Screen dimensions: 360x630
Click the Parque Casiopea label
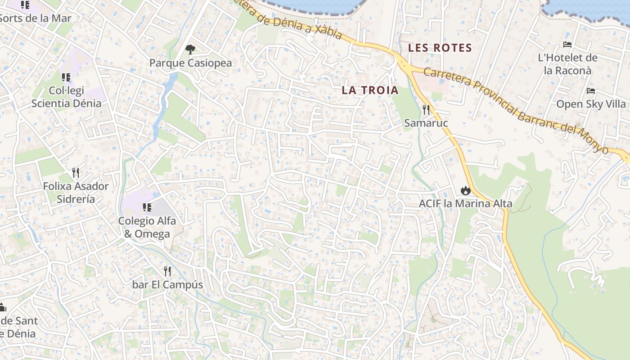pyautogui.click(x=190, y=63)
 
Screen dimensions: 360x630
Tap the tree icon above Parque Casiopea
pyautogui.click(x=190, y=49)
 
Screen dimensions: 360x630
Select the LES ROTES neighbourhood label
pyautogui.click(x=440, y=48)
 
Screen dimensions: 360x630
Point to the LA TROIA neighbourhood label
pyautogui.click(x=370, y=90)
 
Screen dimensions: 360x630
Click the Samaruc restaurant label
pyautogui.click(x=426, y=123)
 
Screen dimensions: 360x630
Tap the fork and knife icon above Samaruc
pyautogui.click(x=426, y=109)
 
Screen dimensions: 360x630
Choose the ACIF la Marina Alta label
pyautogui.click(x=465, y=203)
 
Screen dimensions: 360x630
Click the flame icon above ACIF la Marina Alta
pyautogui.click(x=465, y=190)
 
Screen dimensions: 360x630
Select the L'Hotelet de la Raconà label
pyautogui.click(x=567, y=64)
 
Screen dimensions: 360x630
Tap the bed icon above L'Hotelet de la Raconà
pyautogui.click(x=567, y=45)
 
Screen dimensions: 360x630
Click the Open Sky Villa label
pyautogui.click(x=591, y=104)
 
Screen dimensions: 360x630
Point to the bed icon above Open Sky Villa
pyautogui.click(x=591, y=91)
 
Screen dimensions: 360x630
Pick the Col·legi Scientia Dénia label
pyautogui.click(x=66, y=97)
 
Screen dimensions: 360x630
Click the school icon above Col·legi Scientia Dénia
pyautogui.click(x=66, y=77)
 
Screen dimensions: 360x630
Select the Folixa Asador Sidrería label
pyautogui.click(x=76, y=193)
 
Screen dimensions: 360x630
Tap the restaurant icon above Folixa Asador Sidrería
pyautogui.click(x=76, y=172)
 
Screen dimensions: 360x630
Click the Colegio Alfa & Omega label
pyautogui.click(x=147, y=227)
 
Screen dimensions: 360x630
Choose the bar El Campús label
pyautogui.click(x=167, y=285)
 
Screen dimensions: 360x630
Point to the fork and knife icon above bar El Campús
pyautogui.click(x=167, y=271)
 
